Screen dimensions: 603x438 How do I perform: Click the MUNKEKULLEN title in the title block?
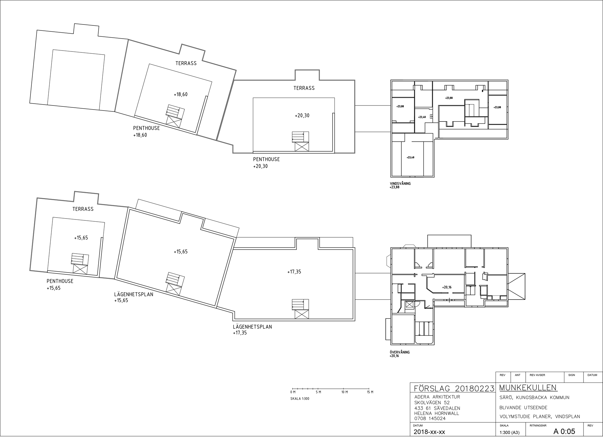(528, 388)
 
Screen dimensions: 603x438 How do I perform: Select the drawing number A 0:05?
(564, 431)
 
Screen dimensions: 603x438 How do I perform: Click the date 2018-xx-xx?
(429, 432)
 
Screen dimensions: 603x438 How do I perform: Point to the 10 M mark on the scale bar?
(345, 392)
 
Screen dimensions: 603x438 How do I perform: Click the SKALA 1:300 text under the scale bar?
(300, 399)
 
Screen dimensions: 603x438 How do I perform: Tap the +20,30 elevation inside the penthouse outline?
(302, 116)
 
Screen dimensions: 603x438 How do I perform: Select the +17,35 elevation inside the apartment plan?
(294, 272)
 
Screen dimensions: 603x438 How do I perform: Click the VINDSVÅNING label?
(400, 184)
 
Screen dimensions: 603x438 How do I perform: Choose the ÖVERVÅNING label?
(399, 352)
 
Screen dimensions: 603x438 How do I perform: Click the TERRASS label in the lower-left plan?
(83, 209)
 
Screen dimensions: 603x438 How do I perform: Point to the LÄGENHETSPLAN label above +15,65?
(134, 295)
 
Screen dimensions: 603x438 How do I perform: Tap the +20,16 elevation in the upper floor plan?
(447, 287)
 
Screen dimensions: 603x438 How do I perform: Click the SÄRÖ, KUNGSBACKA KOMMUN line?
(534, 398)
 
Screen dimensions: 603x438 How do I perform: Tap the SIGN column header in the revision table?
(572, 375)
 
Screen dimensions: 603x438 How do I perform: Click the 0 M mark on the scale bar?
(293, 392)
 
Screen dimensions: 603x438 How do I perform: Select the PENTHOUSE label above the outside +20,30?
(266, 160)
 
